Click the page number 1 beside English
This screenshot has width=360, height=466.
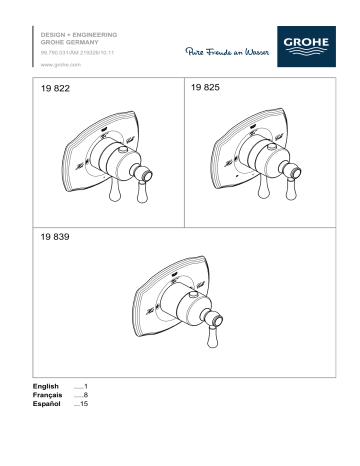(87, 386)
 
